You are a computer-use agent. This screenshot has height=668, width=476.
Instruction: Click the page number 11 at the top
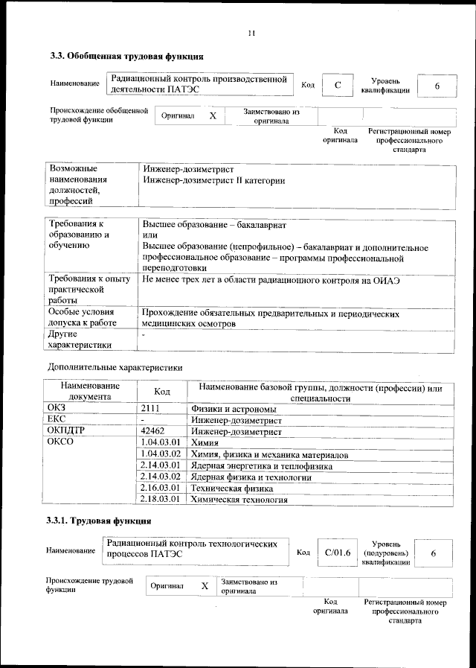(x=252, y=33)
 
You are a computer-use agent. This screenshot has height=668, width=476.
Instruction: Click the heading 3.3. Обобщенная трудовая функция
(x=123, y=56)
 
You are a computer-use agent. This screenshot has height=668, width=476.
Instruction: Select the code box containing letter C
(x=337, y=86)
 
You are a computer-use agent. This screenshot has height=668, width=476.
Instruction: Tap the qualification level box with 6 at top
(x=437, y=86)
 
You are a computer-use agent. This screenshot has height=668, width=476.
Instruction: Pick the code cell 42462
(x=152, y=430)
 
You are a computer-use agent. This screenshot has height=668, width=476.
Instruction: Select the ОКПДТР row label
(x=66, y=430)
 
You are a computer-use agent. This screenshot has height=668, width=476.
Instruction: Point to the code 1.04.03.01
(x=161, y=442)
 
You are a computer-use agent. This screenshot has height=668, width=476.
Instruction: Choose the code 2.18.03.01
(x=161, y=500)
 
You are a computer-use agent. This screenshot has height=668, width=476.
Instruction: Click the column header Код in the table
(x=161, y=392)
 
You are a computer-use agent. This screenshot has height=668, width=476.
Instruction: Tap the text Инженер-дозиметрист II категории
(x=213, y=179)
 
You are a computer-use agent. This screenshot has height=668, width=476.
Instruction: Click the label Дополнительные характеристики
(x=115, y=366)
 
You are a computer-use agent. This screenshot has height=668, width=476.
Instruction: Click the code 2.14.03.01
(x=161, y=465)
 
